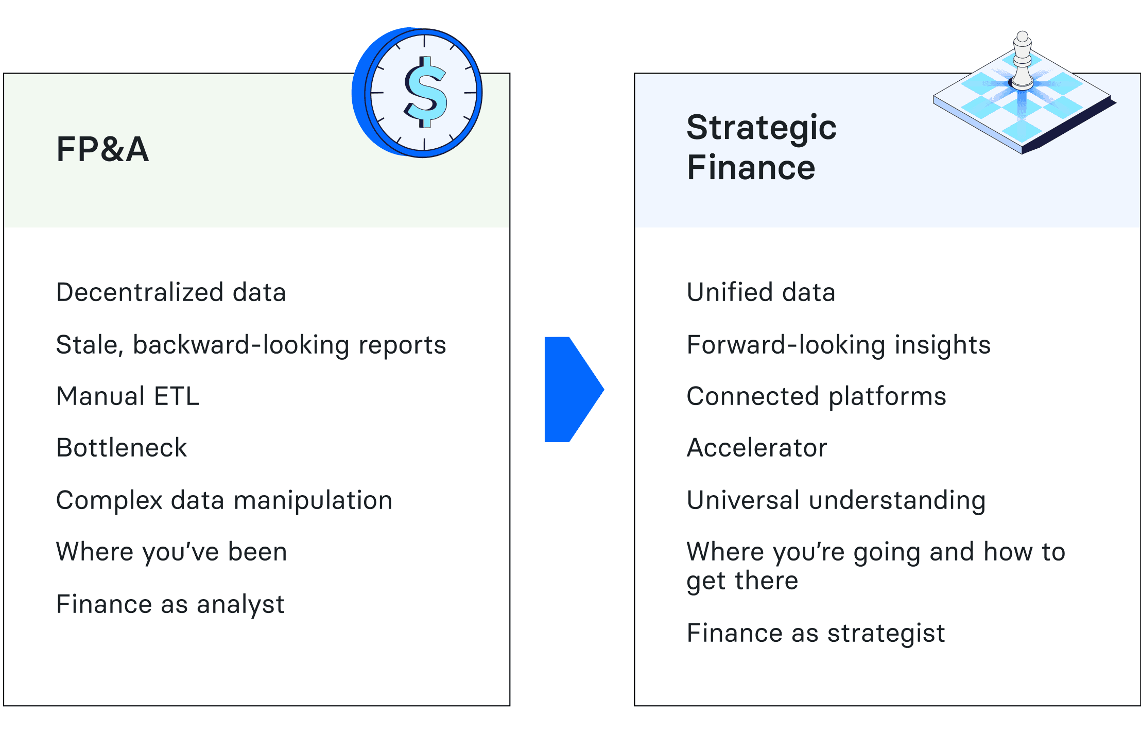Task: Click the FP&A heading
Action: (x=102, y=149)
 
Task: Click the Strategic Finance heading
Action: (x=762, y=147)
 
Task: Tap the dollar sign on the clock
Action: (x=425, y=92)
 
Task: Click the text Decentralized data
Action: (x=171, y=292)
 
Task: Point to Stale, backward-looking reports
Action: (x=251, y=345)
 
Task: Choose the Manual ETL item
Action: (x=128, y=396)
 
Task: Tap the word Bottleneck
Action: (x=122, y=448)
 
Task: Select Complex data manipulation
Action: (x=224, y=501)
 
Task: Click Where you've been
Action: (x=171, y=552)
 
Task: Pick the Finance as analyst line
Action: (x=170, y=605)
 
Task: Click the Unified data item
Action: (x=761, y=292)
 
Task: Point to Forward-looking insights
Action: (x=839, y=345)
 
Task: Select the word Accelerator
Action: (x=757, y=448)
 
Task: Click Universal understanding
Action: (x=836, y=501)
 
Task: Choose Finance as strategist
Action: (x=816, y=634)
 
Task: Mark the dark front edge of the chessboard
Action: (x=1068, y=126)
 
